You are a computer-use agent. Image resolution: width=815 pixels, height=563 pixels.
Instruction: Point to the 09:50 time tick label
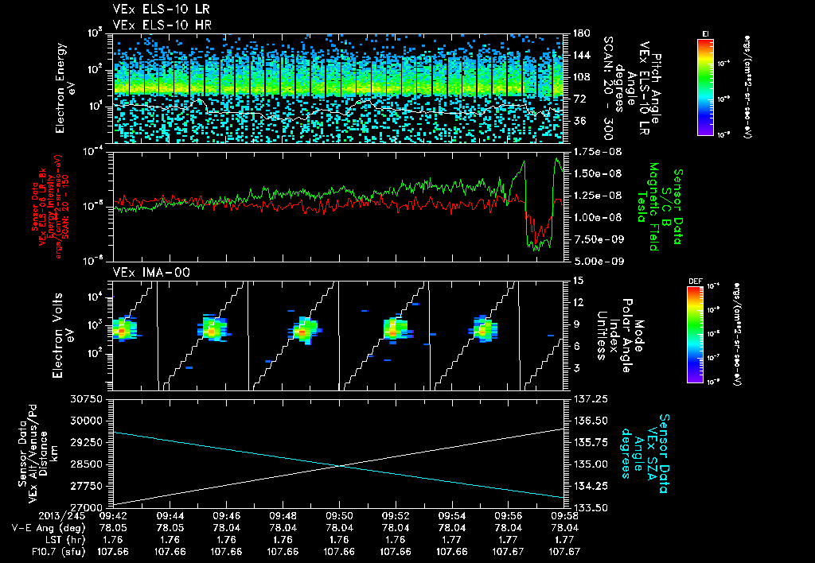[340, 515]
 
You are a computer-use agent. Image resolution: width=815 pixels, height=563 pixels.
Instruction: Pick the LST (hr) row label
[58, 538]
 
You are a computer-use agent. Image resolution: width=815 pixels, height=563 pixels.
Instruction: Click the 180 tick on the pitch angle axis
[576, 33]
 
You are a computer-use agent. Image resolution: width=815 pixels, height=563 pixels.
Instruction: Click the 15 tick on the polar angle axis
[573, 281]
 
